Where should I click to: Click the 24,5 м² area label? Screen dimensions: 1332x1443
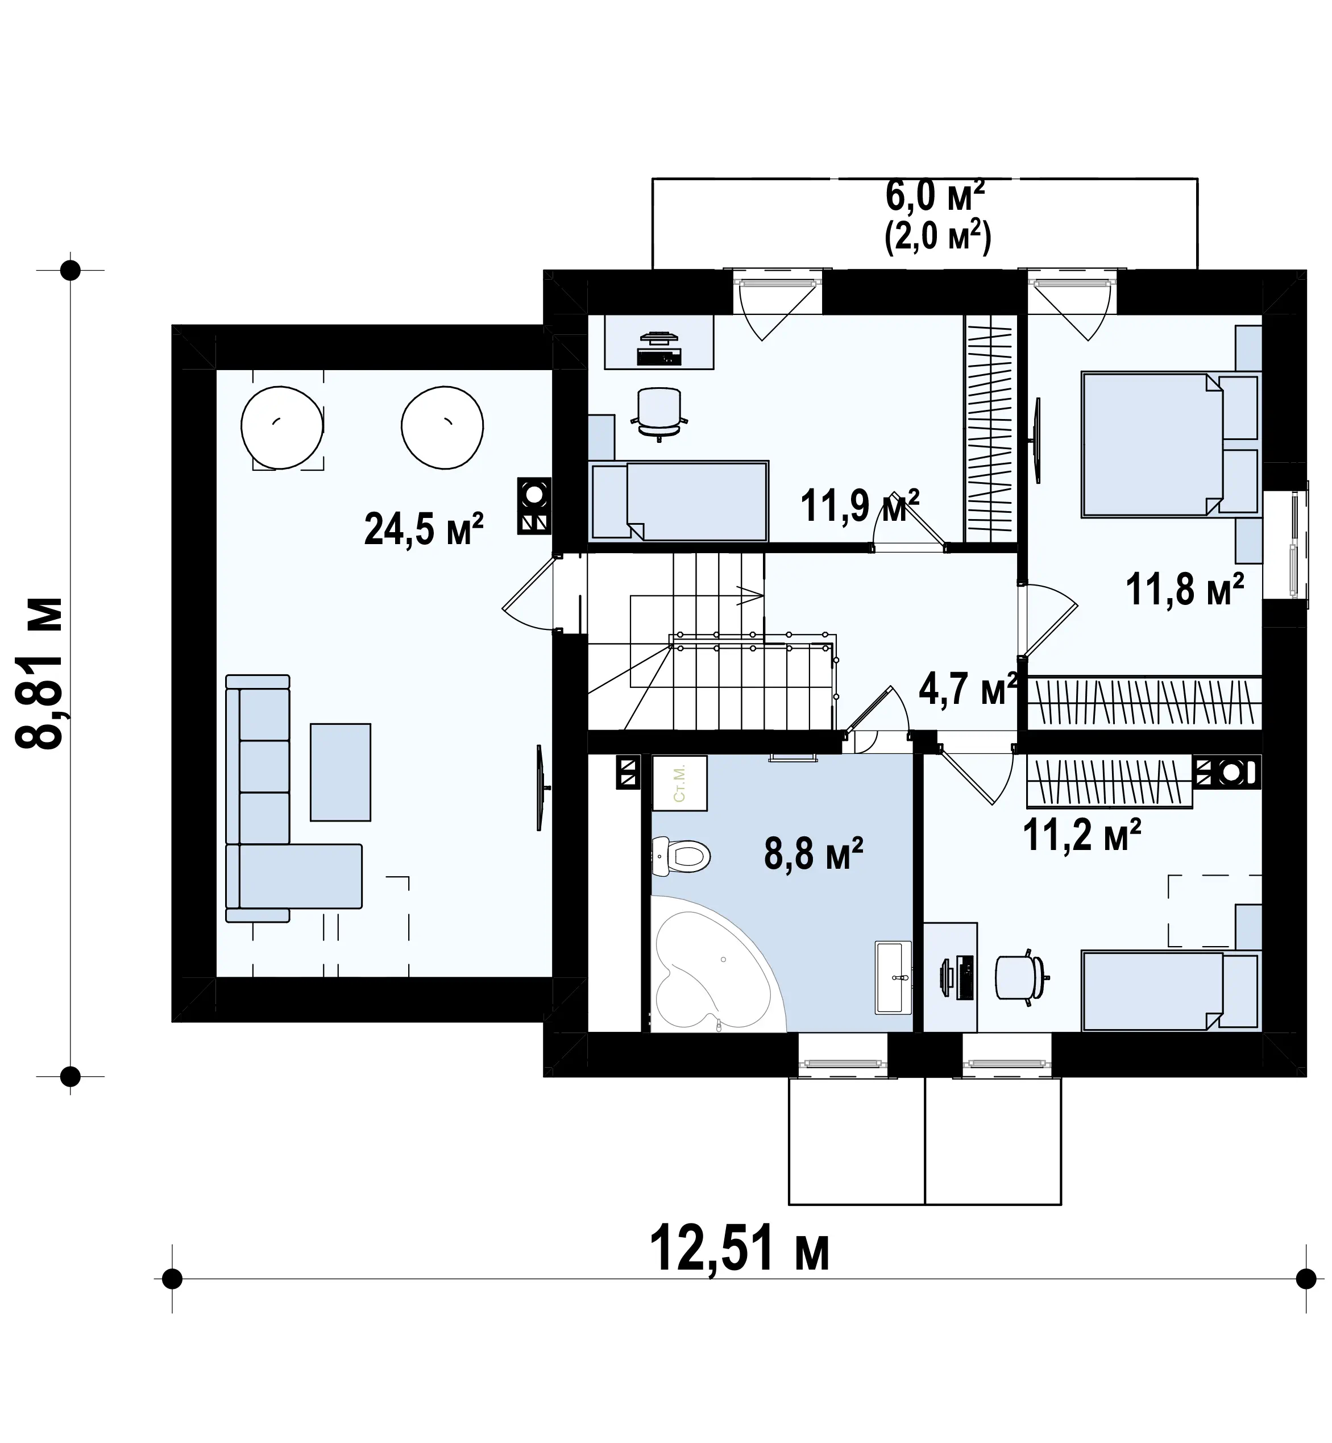423,530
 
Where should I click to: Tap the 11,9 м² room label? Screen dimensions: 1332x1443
860,505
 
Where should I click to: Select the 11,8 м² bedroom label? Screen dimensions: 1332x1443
1185,589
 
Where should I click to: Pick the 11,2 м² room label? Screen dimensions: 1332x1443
1082,834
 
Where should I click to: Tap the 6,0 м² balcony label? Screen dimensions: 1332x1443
935,196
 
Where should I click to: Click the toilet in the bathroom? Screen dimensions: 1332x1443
681,856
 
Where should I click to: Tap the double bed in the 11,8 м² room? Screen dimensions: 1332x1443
1170,444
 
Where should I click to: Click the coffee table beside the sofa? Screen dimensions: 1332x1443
340,772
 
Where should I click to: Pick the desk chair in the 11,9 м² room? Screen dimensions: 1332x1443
659,412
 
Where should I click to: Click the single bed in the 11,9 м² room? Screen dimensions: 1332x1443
678,500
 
